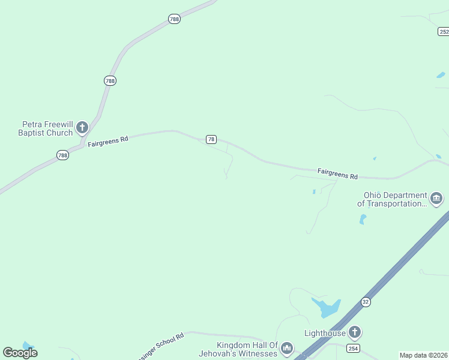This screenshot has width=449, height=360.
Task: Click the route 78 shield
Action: pos(211,139)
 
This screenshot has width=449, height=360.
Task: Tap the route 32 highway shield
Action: pos(366,302)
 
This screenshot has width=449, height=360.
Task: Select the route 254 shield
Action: pos(354,348)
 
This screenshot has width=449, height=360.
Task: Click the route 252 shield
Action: pos(444,32)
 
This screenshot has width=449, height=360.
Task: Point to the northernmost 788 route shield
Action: pos(174,19)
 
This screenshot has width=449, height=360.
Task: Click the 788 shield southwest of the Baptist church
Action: pos(62,155)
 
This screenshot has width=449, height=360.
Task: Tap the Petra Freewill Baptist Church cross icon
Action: pos(82,127)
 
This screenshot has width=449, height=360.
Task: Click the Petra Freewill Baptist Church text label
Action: pos(45,128)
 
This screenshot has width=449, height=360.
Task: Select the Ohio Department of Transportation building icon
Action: pos(436,198)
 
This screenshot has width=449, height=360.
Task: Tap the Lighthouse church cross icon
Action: pos(355,332)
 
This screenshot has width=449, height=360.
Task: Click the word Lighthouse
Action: pos(325,333)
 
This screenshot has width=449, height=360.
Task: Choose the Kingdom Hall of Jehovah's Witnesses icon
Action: pos(287,348)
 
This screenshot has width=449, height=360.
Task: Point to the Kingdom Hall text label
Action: pos(248,349)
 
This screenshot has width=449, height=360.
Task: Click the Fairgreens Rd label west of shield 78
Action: pos(108,142)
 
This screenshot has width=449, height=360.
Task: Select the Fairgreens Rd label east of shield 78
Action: pos(337,173)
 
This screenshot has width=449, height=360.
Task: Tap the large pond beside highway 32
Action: pos(326,307)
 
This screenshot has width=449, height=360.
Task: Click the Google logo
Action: pos(20,353)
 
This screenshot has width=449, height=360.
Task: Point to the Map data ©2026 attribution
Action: pos(424,355)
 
